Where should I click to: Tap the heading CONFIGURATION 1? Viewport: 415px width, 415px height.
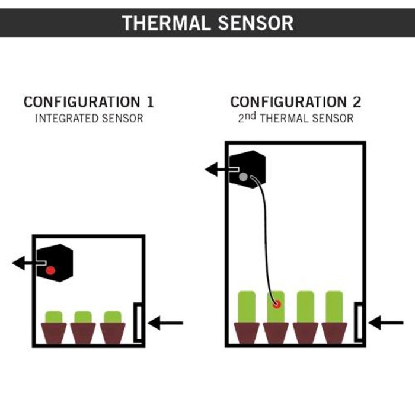[x=88, y=102]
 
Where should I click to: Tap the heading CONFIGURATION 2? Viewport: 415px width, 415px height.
[x=295, y=102]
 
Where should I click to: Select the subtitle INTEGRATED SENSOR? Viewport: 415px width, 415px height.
[x=88, y=119]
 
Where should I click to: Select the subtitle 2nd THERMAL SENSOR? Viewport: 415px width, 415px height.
[x=295, y=119]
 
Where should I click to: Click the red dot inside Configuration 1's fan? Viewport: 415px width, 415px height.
[x=50, y=270]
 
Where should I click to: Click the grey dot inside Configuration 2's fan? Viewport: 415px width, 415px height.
[x=243, y=176]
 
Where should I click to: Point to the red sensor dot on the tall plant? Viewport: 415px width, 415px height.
[x=276, y=304]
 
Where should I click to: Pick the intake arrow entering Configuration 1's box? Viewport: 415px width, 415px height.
[x=166, y=323]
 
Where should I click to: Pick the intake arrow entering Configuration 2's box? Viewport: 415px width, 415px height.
[x=386, y=323]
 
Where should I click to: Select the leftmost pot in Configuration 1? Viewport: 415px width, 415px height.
[x=54, y=333]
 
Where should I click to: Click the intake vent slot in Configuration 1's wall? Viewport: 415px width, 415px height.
[x=138, y=322]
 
